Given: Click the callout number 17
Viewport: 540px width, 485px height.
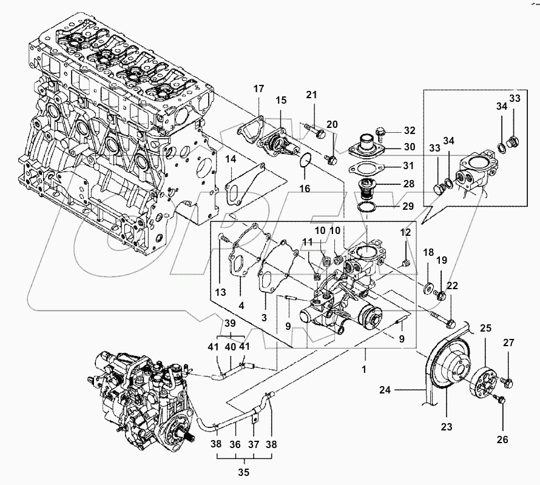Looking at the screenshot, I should [x=258, y=89].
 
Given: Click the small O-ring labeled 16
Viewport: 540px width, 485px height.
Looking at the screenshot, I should [x=306, y=161].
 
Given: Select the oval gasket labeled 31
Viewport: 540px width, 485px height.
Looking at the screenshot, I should [x=368, y=167].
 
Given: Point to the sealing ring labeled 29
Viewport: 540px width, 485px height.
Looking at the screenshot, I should [x=366, y=207].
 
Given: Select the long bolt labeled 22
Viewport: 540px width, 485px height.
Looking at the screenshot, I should [x=440, y=316].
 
